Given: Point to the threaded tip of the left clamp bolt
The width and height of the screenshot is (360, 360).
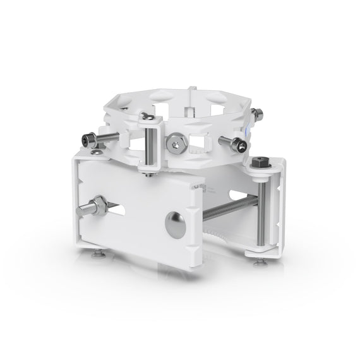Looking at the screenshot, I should coord(82,210).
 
